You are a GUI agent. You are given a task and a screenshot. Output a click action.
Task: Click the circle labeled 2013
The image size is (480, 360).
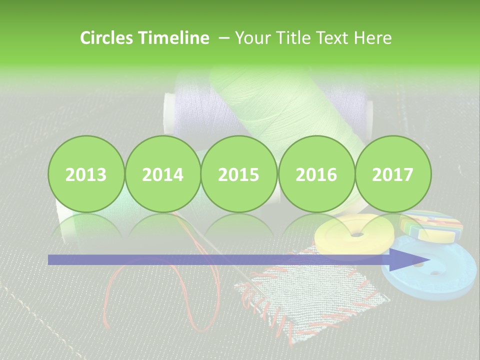[86, 174]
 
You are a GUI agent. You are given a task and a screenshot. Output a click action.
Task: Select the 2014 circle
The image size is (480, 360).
[162, 174]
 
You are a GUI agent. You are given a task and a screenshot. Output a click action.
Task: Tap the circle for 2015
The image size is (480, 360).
[239, 174]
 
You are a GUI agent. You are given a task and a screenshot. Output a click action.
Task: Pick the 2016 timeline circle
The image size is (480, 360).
[316, 174]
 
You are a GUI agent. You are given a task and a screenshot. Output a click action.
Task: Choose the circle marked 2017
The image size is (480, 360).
[392, 174]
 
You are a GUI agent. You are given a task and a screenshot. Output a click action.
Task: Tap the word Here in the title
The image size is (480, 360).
[372, 38]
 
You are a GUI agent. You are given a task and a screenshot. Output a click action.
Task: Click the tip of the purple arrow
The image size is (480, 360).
[429, 259]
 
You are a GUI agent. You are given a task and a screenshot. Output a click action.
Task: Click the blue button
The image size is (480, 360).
[440, 280]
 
